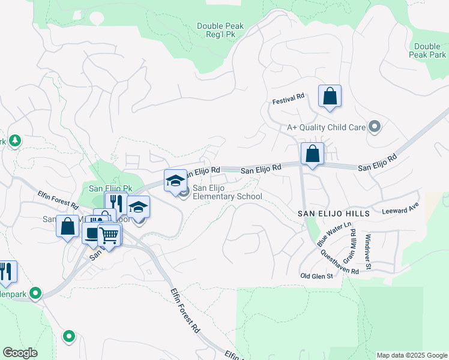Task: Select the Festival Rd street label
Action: [x=289, y=95]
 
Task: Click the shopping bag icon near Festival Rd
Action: [x=330, y=96]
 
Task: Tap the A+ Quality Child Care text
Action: [x=327, y=127]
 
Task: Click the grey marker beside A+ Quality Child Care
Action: [x=375, y=127]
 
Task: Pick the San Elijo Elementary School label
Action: [x=227, y=192]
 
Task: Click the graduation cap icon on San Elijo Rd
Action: [x=175, y=181]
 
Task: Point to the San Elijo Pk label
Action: [x=110, y=188]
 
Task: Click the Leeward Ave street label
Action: [x=400, y=212]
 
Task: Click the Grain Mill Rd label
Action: [x=353, y=246]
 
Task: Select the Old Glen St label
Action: [x=316, y=275]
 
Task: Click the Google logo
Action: [x=20, y=353]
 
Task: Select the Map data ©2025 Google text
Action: [x=411, y=355]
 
